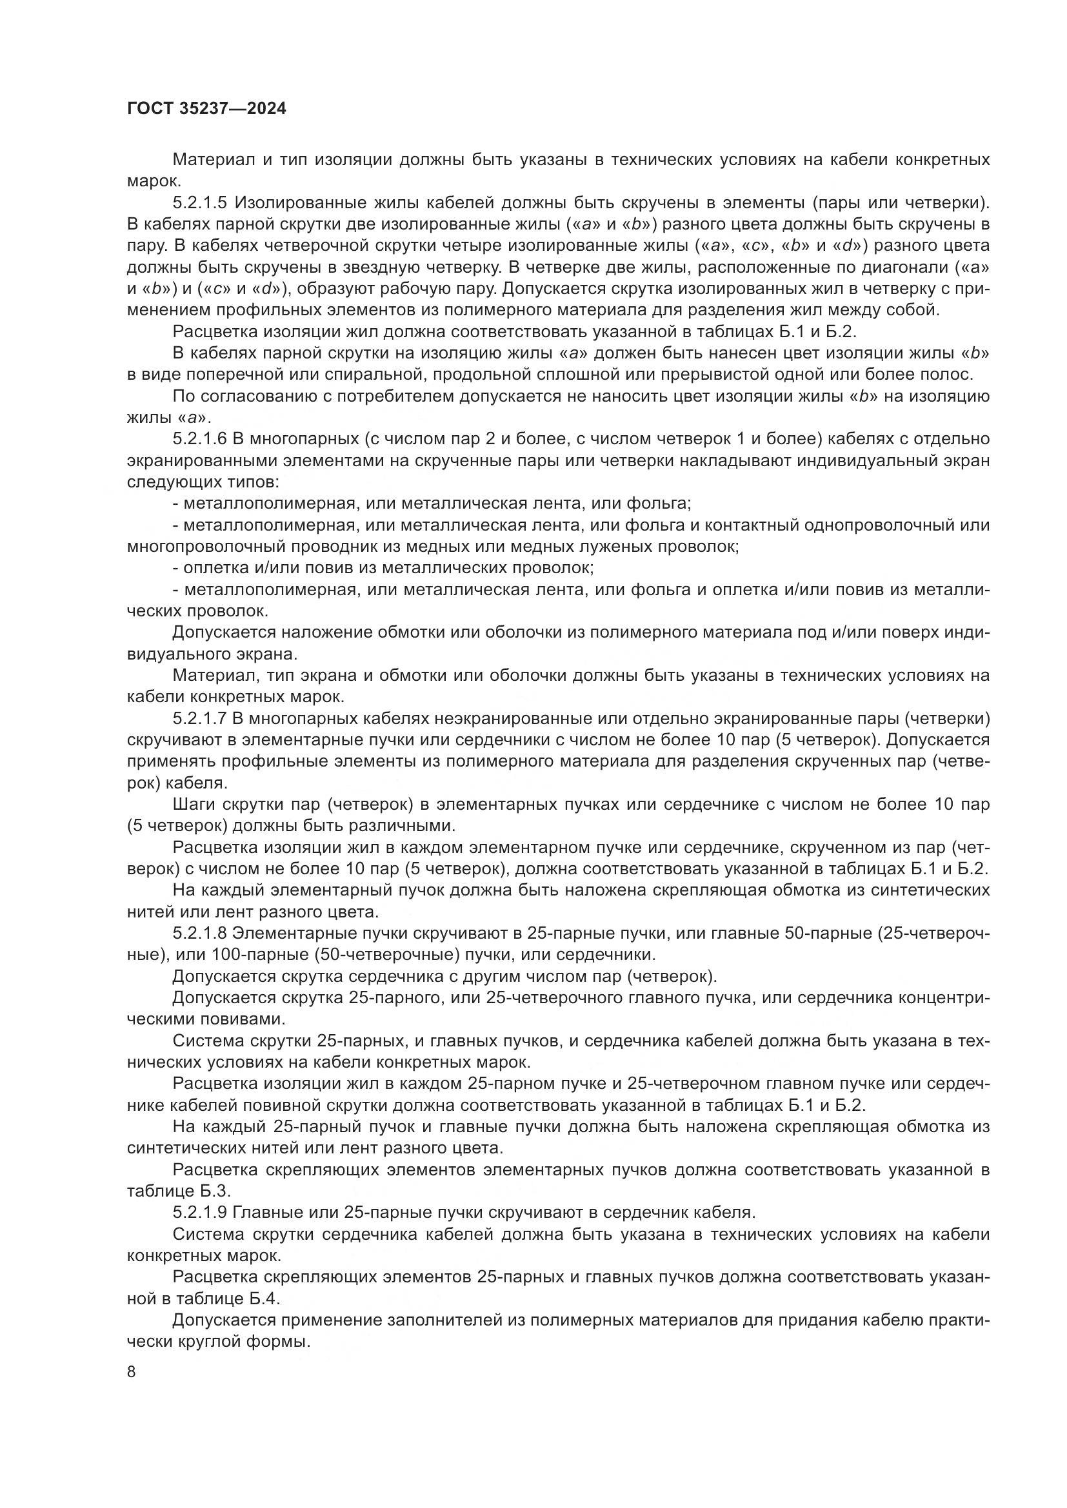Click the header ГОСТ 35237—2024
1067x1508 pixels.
(x=206, y=109)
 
